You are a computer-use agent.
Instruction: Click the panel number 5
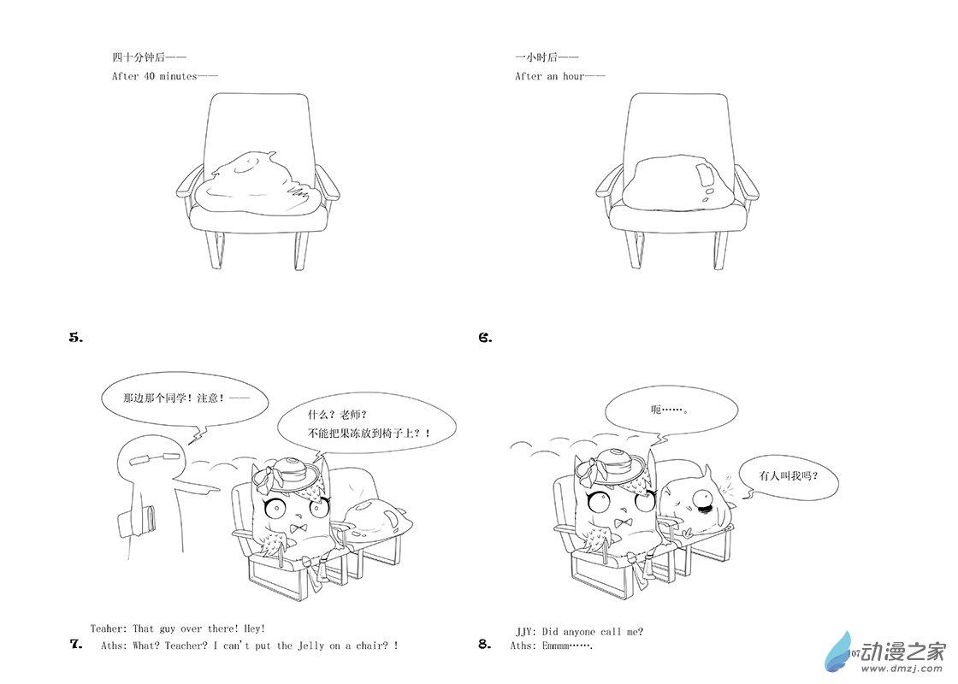point(76,337)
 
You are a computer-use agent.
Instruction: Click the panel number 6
point(485,337)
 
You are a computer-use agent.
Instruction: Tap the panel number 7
point(76,644)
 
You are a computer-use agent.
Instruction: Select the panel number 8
point(485,644)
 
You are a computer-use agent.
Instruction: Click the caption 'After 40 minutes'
point(165,76)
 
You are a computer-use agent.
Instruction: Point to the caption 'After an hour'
point(560,76)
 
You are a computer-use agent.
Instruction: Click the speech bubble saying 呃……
point(671,410)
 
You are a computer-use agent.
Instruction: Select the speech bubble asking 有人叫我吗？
point(788,475)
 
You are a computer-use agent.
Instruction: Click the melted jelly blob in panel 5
point(258,185)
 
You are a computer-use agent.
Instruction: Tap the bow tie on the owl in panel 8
point(624,522)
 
